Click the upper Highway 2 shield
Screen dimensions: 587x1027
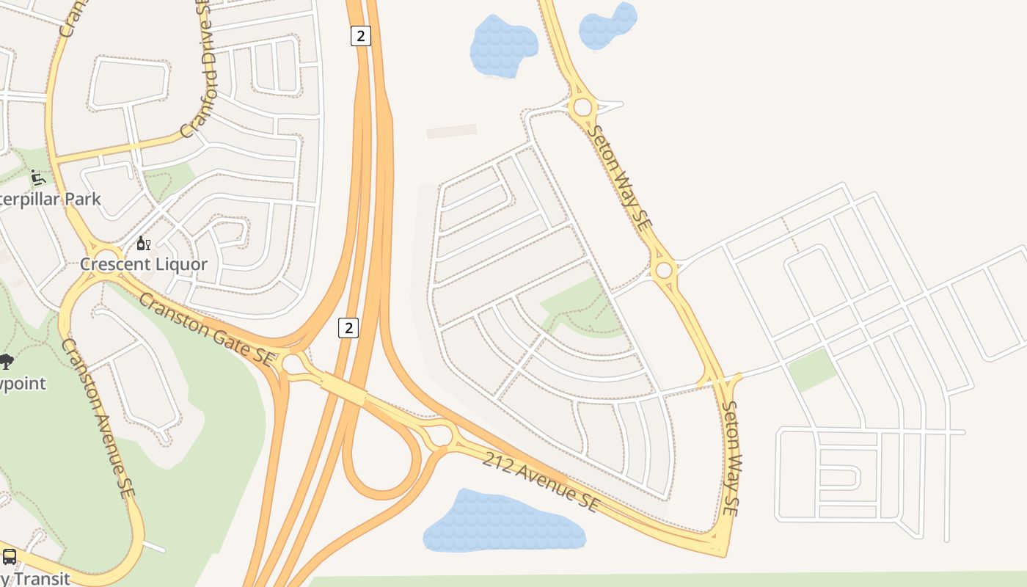click(360, 35)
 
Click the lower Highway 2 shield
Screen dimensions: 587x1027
click(348, 327)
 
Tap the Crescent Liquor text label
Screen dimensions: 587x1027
click(144, 264)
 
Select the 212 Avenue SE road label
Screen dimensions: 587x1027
click(541, 481)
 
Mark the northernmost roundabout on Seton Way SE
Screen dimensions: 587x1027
click(582, 108)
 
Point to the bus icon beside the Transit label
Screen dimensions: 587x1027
click(10, 557)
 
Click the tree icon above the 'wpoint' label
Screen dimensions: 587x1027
click(6, 361)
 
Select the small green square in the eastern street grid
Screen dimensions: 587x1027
click(812, 369)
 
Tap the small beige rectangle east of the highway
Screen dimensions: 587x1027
click(452, 131)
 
